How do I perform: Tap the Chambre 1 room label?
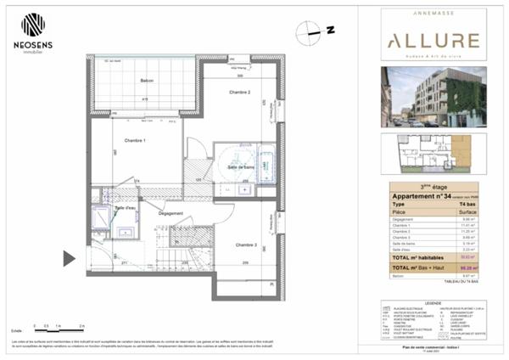[x=135, y=140]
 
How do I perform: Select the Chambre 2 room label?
[x=239, y=92]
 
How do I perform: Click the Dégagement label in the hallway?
[x=170, y=213]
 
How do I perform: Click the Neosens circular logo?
[x=33, y=25]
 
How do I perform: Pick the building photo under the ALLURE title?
[x=433, y=95]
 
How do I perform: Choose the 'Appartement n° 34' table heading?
[x=421, y=196]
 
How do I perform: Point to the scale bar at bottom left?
[x=59, y=329]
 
